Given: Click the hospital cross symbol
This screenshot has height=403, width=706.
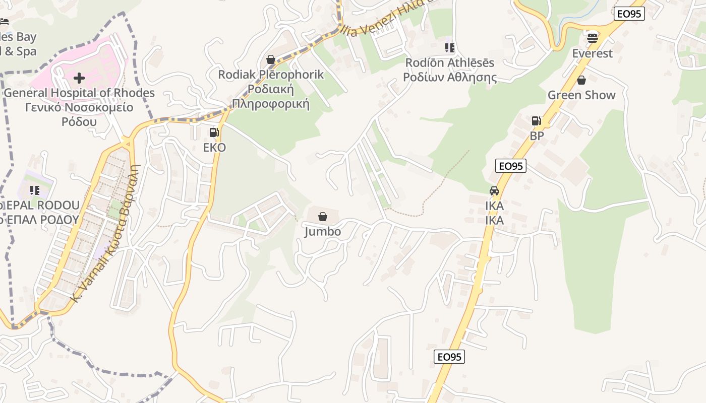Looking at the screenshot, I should (79, 78).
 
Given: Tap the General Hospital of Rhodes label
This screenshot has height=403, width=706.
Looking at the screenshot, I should (79, 93).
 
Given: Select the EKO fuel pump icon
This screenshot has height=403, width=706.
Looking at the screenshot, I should (214, 132).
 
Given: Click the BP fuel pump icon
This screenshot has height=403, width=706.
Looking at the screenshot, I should (536, 121).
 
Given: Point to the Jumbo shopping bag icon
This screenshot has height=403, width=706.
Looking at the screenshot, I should (323, 217).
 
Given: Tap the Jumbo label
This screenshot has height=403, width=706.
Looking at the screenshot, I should (323, 232).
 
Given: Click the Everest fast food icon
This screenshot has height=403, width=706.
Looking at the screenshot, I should (593, 37).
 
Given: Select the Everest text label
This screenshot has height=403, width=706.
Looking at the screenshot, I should (593, 53).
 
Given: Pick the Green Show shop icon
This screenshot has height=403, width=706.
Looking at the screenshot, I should (581, 80).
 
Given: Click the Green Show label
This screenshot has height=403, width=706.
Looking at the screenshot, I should (581, 95).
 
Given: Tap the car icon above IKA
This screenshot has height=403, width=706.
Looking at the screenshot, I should (494, 191).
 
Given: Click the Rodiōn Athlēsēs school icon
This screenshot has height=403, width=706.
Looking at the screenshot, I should (449, 48).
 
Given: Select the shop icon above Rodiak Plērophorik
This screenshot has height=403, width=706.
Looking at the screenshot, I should (271, 59).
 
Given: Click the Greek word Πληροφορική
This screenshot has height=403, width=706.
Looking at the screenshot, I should (270, 104).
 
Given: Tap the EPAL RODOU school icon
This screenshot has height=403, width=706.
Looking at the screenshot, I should (35, 190).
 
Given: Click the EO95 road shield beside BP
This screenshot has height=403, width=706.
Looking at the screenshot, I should (511, 166).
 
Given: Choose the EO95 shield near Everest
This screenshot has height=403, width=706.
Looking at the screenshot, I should (630, 14).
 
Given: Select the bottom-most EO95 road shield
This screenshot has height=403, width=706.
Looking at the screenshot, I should (449, 357).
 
